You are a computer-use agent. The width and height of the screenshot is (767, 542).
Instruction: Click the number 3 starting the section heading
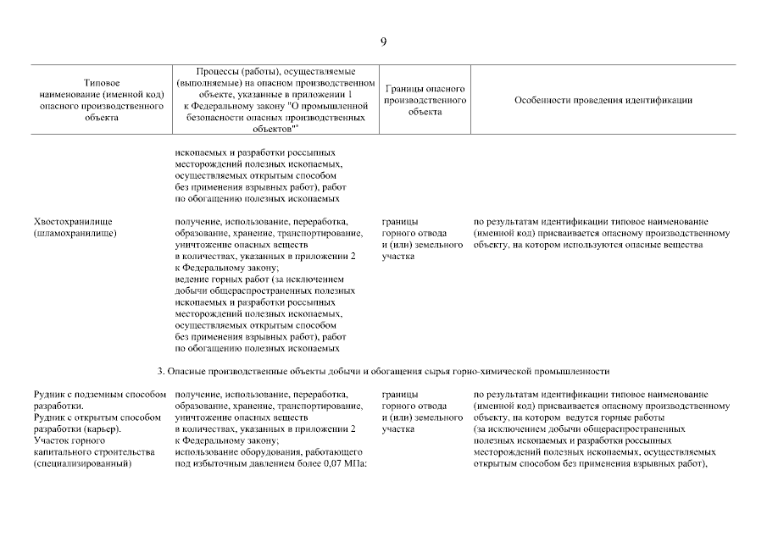click(159, 371)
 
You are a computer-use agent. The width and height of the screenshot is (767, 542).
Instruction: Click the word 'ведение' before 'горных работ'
click(192, 279)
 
